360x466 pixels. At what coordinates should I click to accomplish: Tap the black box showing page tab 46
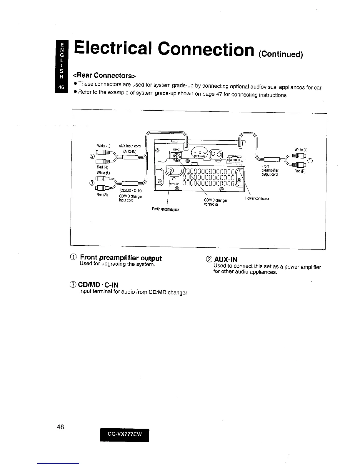[x=61, y=87]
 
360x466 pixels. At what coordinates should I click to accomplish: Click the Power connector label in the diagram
[x=257, y=199]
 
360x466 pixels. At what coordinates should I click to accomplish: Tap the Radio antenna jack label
[x=165, y=209]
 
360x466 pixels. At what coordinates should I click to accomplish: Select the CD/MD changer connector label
[x=216, y=202]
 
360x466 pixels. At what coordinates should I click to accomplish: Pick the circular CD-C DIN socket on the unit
[x=177, y=159]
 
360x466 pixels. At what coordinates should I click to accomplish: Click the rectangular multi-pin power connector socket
[x=234, y=159]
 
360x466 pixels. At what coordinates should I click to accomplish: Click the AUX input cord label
[x=129, y=146]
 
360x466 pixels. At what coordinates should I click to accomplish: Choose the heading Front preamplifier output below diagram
[x=121, y=258]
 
